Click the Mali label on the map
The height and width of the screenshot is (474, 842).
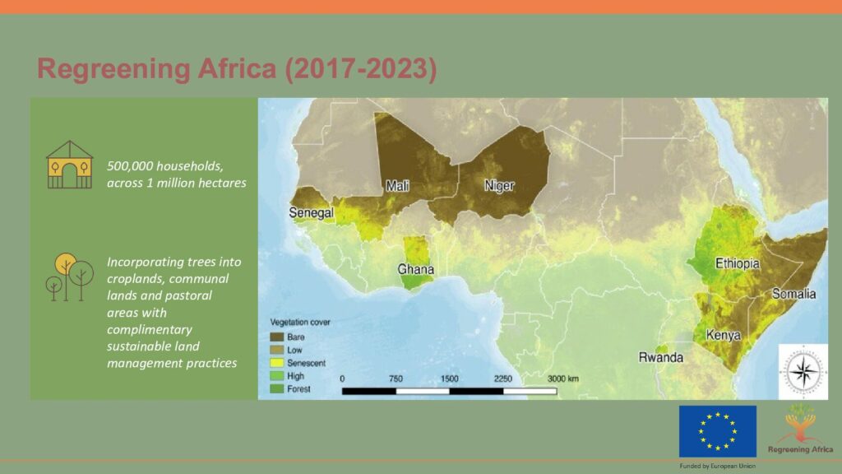(x=397, y=186)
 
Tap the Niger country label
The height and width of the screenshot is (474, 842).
(x=499, y=186)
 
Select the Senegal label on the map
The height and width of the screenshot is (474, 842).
(x=312, y=213)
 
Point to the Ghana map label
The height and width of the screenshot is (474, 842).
(x=415, y=269)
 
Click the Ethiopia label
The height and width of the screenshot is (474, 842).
(x=738, y=263)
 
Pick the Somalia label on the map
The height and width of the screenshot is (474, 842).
(x=794, y=294)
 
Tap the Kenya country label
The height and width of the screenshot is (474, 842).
(x=724, y=336)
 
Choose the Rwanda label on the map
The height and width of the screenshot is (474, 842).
(x=661, y=357)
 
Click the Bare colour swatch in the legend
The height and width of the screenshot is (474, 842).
(x=276, y=337)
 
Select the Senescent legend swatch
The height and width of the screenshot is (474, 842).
(x=276, y=363)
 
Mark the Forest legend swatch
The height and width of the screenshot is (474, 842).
(x=276, y=388)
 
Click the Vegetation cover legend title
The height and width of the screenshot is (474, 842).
(x=300, y=323)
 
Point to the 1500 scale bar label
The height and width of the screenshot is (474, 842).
(x=450, y=379)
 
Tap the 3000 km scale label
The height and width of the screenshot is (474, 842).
(x=563, y=379)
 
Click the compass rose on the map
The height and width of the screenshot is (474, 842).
(x=803, y=372)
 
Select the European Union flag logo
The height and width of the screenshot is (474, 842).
(x=718, y=431)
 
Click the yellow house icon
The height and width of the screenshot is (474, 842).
(x=70, y=165)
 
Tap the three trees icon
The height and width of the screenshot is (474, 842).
(x=69, y=276)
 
